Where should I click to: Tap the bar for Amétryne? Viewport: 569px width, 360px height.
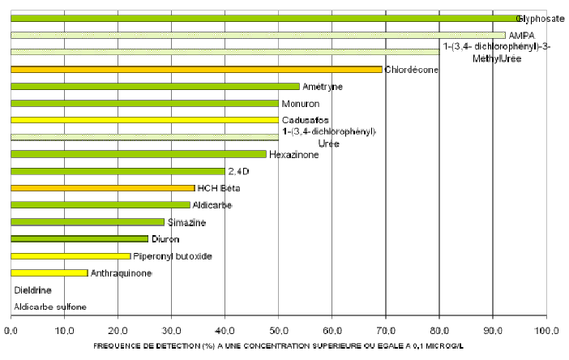tap(155, 87)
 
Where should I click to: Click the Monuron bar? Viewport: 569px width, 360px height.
tap(144, 104)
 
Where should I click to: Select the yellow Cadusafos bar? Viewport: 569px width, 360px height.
tap(144, 120)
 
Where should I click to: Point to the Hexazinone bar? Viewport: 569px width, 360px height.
tap(138, 154)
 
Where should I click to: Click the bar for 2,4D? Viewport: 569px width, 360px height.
tap(118, 171)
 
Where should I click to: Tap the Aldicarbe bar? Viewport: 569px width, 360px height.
tap(100, 205)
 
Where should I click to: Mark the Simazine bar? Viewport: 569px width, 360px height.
tap(88, 221)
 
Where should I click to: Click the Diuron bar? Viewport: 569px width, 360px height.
tap(79, 239)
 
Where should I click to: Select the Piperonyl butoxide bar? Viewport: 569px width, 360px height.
tap(71, 256)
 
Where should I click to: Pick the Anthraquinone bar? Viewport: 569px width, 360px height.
tap(49, 272)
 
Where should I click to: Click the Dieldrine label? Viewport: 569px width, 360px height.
tap(32, 289)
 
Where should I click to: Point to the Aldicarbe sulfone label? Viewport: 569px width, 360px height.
tap(49, 306)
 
